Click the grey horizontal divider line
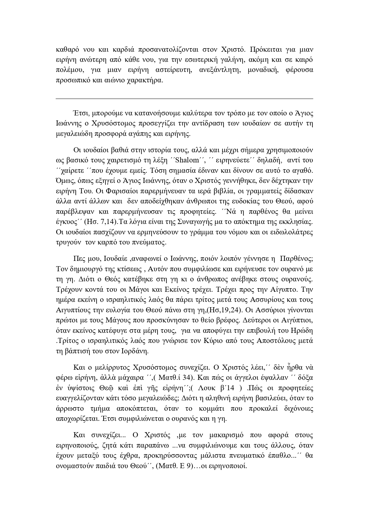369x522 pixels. point(184,98)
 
